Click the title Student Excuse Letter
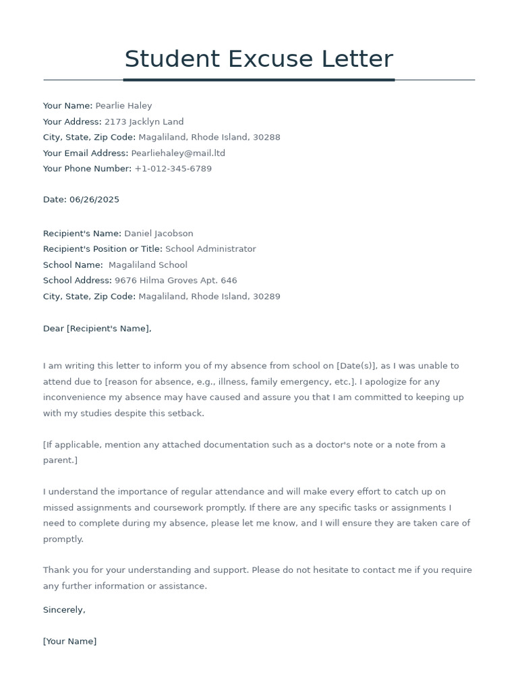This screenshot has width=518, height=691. pyautogui.click(x=258, y=59)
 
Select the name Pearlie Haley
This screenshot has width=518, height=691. pyautogui.click(x=123, y=106)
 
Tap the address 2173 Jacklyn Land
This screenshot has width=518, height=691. pyautogui.click(x=144, y=122)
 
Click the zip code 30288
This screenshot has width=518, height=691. pyautogui.click(x=266, y=138)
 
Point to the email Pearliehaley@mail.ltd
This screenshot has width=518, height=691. pyautogui.click(x=178, y=153)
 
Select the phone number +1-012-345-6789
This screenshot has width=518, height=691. pyautogui.click(x=173, y=169)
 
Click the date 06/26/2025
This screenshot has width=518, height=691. pyautogui.click(x=94, y=200)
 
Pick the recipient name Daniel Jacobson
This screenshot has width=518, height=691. pyautogui.click(x=159, y=233)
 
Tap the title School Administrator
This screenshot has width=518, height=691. pyautogui.click(x=210, y=249)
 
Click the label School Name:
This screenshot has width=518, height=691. pyautogui.click(x=73, y=265)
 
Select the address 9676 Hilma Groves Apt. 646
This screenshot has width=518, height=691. pyautogui.click(x=175, y=281)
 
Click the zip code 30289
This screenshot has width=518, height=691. pyautogui.click(x=266, y=296)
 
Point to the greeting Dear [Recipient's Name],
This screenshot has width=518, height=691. pyautogui.click(x=97, y=329)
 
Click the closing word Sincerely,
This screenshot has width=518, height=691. pyautogui.click(x=64, y=610)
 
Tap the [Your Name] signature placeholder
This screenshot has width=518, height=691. pyautogui.click(x=69, y=642)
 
